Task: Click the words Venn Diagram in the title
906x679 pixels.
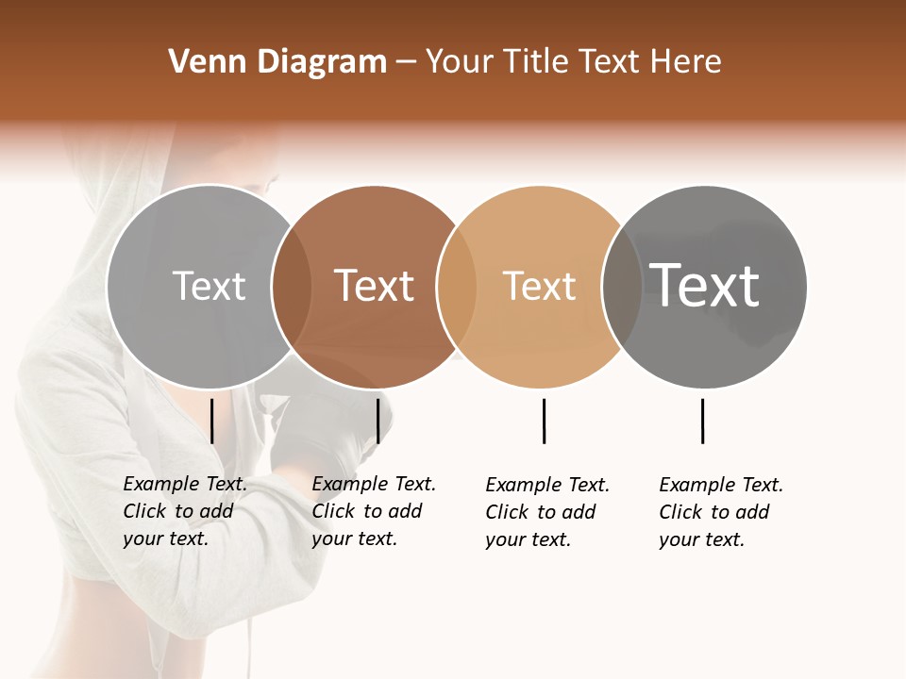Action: click(277, 61)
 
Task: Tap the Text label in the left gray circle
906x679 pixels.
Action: click(209, 286)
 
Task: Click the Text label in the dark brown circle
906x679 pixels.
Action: click(374, 286)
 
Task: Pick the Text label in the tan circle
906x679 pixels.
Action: click(539, 286)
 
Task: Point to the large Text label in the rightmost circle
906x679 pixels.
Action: click(704, 285)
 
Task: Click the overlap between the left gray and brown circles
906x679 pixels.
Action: click(292, 286)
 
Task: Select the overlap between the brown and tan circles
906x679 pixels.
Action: click(457, 286)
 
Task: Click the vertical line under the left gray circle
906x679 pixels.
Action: click(212, 421)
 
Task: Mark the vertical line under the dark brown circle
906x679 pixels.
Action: click(377, 421)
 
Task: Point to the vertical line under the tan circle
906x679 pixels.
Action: click(544, 421)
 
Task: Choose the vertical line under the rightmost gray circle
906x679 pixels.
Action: click(702, 421)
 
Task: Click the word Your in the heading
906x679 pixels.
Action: click(458, 61)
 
